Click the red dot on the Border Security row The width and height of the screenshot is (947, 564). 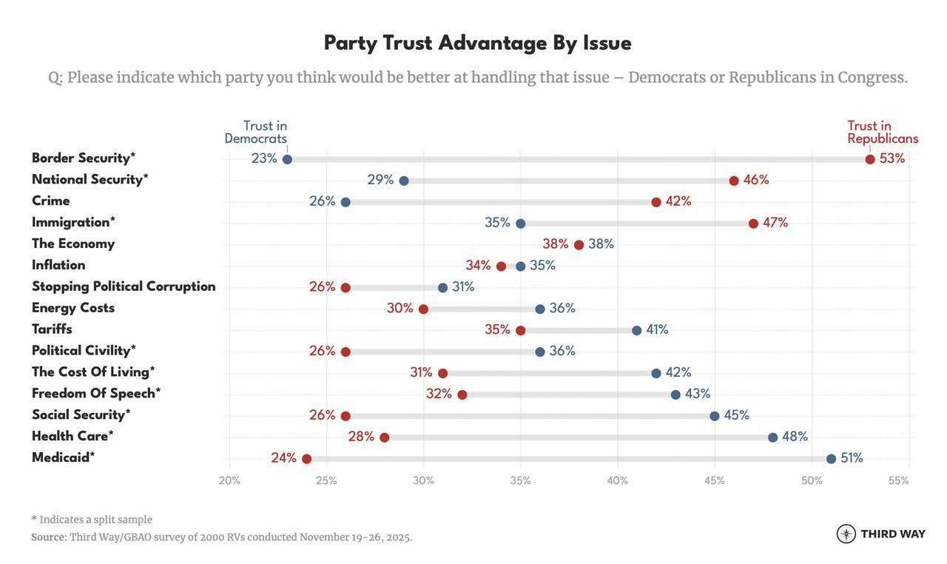tap(870, 159)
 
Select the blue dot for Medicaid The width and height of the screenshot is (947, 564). tap(831, 459)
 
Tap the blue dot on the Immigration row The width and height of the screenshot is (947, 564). tap(521, 224)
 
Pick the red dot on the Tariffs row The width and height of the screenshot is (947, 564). tap(521, 331)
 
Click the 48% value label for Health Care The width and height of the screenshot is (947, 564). tap(795, 437)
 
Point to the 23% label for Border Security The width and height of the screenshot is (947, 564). tap(264, 158)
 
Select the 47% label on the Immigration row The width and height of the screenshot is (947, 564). tap(775, 223)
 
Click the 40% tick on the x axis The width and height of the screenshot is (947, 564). tap(618, 480)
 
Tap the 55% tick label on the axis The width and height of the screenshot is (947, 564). tap(898, 480)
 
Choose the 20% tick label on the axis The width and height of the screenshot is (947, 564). tap(229, 480)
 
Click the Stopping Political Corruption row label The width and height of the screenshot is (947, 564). tap(124, 286)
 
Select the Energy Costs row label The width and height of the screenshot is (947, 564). tap(73, 308)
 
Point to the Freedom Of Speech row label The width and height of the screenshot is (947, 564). tap(96, 394)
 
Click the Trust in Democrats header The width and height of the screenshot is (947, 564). tap(256, 132)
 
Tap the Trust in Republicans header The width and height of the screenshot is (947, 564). tap(883, 132)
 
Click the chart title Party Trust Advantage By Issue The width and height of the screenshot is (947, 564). tap(478, 43)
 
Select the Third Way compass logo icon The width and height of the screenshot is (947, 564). tap(846, 534)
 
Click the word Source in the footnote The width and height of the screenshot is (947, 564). tap(49, 537)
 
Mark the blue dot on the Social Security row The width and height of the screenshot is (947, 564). tap(715, 416)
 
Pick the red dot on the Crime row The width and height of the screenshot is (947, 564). tap(656, 202)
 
